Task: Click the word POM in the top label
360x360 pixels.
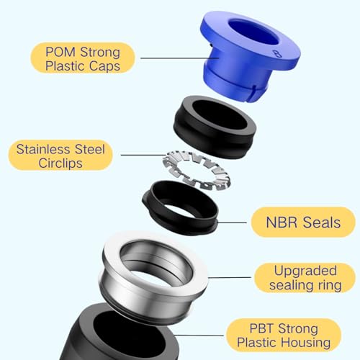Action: click(60, 52)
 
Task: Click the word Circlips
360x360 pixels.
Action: click(60, 163)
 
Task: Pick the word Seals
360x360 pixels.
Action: click(322, 222)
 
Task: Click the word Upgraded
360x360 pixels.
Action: click(305, 271)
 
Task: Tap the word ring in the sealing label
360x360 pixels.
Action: click(330, 286)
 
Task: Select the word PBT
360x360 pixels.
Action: click(260, 328)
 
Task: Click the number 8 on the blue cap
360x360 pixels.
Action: click(277, 54)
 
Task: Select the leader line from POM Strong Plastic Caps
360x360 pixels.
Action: click(179, 58)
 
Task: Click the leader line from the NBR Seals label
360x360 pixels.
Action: click(232, 222)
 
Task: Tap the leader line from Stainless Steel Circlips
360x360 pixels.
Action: click(143, 155)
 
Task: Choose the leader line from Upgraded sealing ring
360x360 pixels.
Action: click(230, 277)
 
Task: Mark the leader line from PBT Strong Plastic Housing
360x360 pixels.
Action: click(199, 336)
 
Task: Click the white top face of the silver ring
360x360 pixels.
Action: click(113, 252)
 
